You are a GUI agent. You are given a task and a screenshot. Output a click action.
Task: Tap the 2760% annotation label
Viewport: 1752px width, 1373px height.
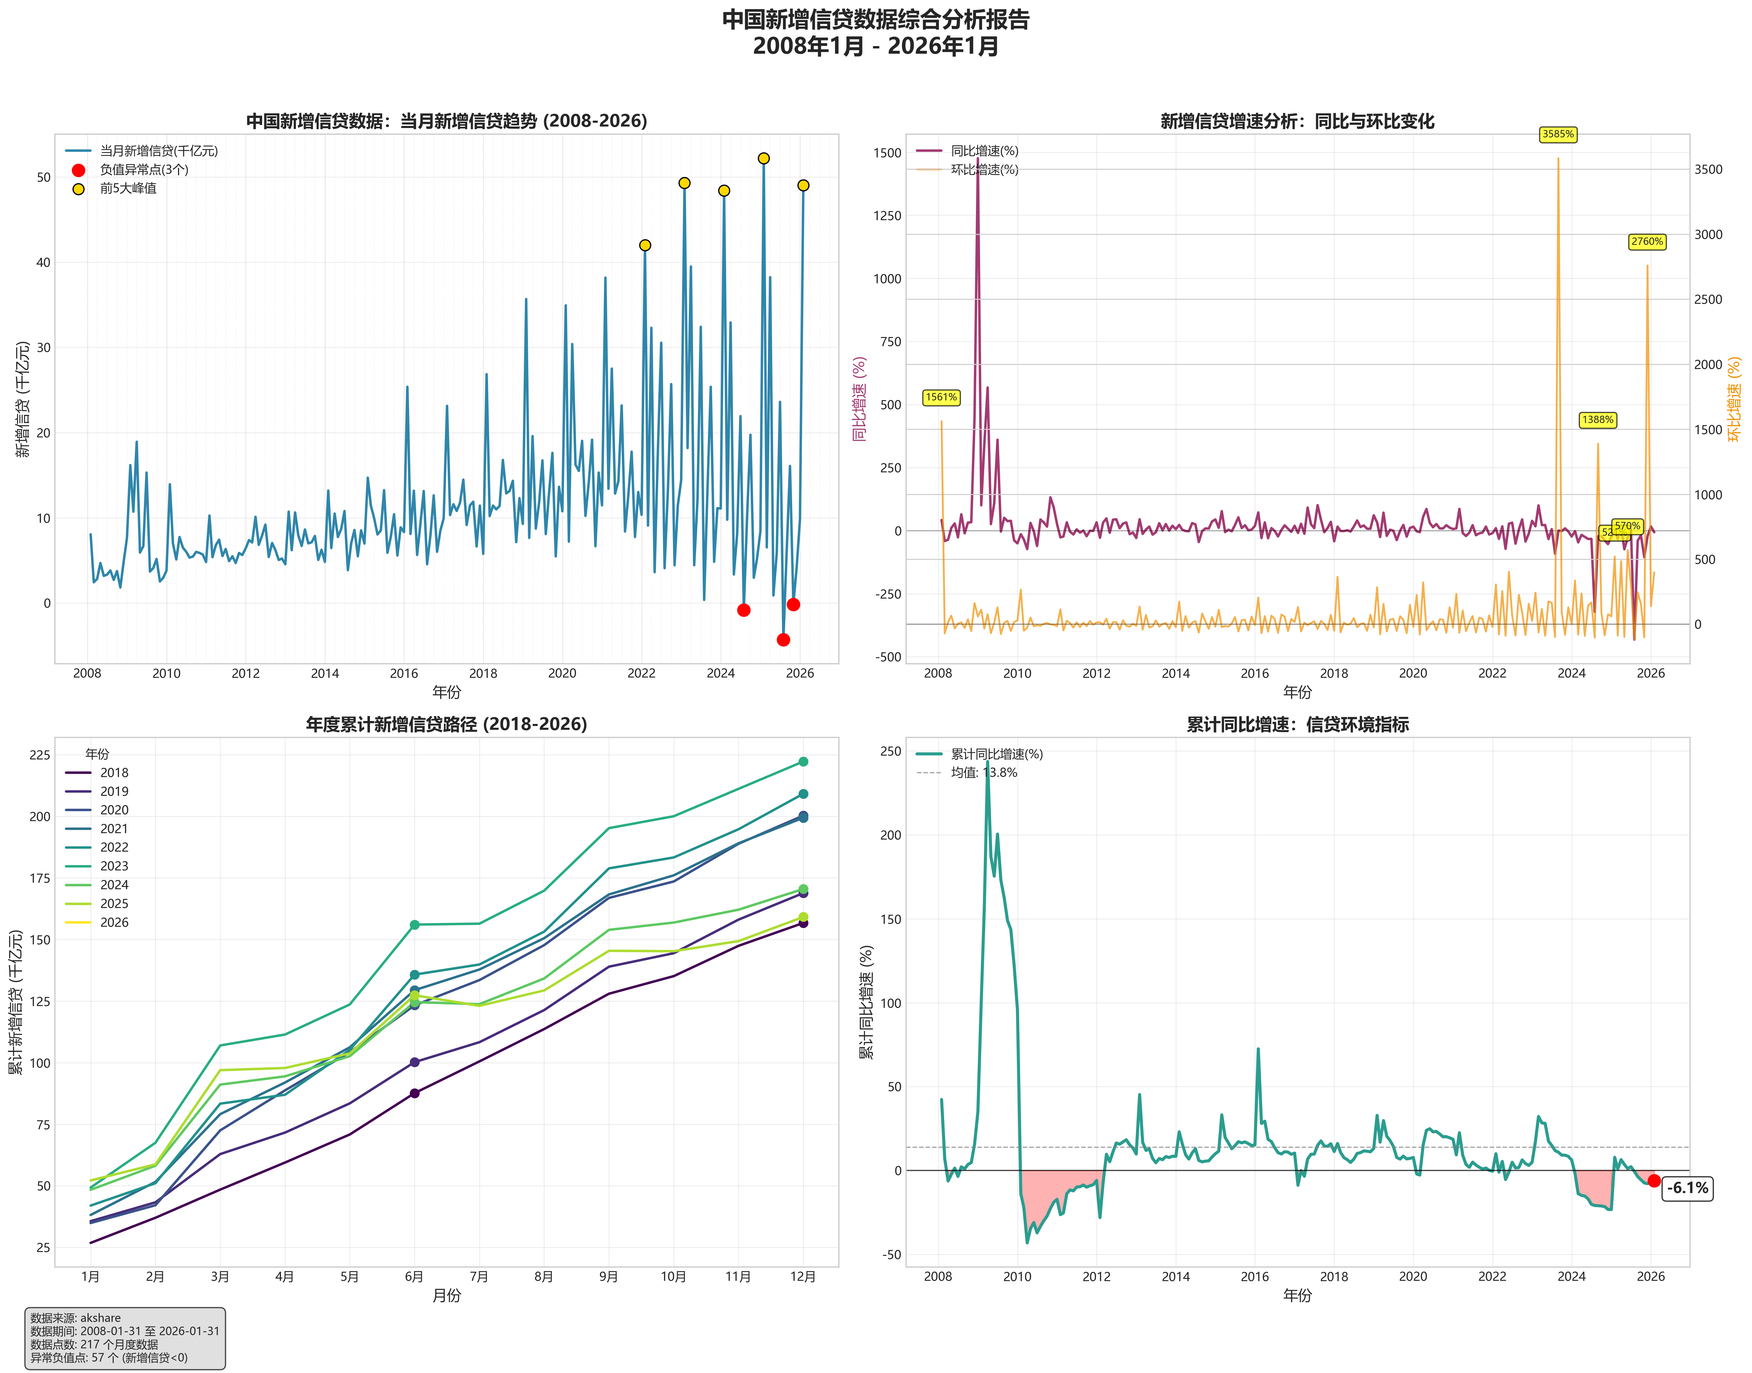point(1647,241)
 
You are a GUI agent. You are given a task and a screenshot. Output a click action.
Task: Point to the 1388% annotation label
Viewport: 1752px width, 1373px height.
point(1598,420)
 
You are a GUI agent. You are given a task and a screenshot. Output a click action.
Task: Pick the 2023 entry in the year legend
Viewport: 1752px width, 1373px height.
point(114,866)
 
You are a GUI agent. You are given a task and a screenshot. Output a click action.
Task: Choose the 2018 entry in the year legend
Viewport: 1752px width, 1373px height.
point(114,772)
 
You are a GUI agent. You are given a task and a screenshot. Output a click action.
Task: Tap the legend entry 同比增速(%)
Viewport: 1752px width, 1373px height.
point(984,150)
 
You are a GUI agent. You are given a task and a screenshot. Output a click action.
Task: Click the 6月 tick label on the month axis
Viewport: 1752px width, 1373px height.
point(414,1276)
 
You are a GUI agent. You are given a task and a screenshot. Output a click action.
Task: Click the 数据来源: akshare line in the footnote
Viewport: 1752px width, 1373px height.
point(75,1318)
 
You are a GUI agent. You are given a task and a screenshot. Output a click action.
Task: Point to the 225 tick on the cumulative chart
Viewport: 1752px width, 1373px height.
point(39,755)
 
